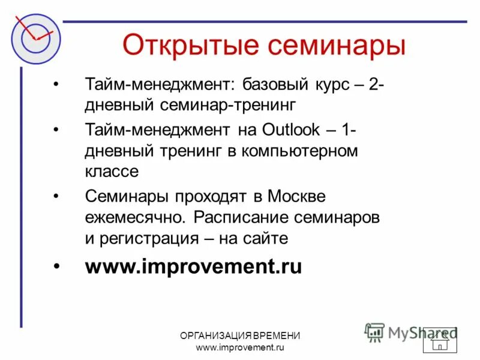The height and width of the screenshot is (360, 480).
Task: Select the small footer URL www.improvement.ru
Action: point(240,347)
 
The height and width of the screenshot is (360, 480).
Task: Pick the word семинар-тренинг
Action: point(228,105)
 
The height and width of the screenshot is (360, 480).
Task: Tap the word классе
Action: point(112,172)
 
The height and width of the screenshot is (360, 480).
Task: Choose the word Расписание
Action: point(243,217)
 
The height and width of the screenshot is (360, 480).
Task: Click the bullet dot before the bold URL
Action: point(56,266)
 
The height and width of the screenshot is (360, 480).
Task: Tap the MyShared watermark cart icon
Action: point(374,332)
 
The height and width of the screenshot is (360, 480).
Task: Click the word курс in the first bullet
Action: point(328,84)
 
